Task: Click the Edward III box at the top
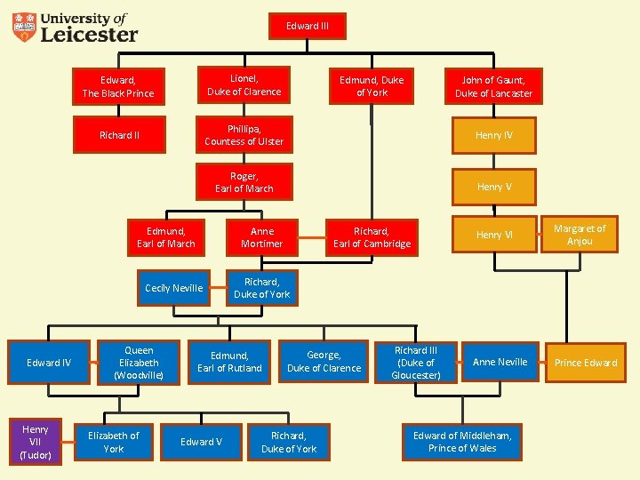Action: click(308, 26)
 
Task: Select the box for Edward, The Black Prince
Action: click(118, 87)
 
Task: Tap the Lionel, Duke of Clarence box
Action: click(244, 85)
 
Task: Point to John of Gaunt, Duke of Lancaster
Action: click(493, 87)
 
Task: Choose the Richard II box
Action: click(118, 136)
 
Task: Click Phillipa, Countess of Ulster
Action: click(244, 135)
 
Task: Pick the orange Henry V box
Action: click(493, 187)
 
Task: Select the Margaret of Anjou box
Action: click(580, 235)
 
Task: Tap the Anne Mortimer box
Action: click(261, 237)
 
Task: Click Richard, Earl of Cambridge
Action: click(372, 237)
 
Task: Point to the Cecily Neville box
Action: click(174, 288)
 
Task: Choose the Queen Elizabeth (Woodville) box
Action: click(139, 363)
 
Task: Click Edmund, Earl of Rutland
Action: click(229, 362)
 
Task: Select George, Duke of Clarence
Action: click(324, 362)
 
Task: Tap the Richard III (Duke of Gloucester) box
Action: click(416, 363)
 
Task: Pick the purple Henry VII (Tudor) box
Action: click(36, 442)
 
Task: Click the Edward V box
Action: click(202, 442)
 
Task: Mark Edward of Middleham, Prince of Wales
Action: click(461, 442)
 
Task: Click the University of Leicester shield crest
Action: click(24, 28)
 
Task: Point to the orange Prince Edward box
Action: click(586, 363)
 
